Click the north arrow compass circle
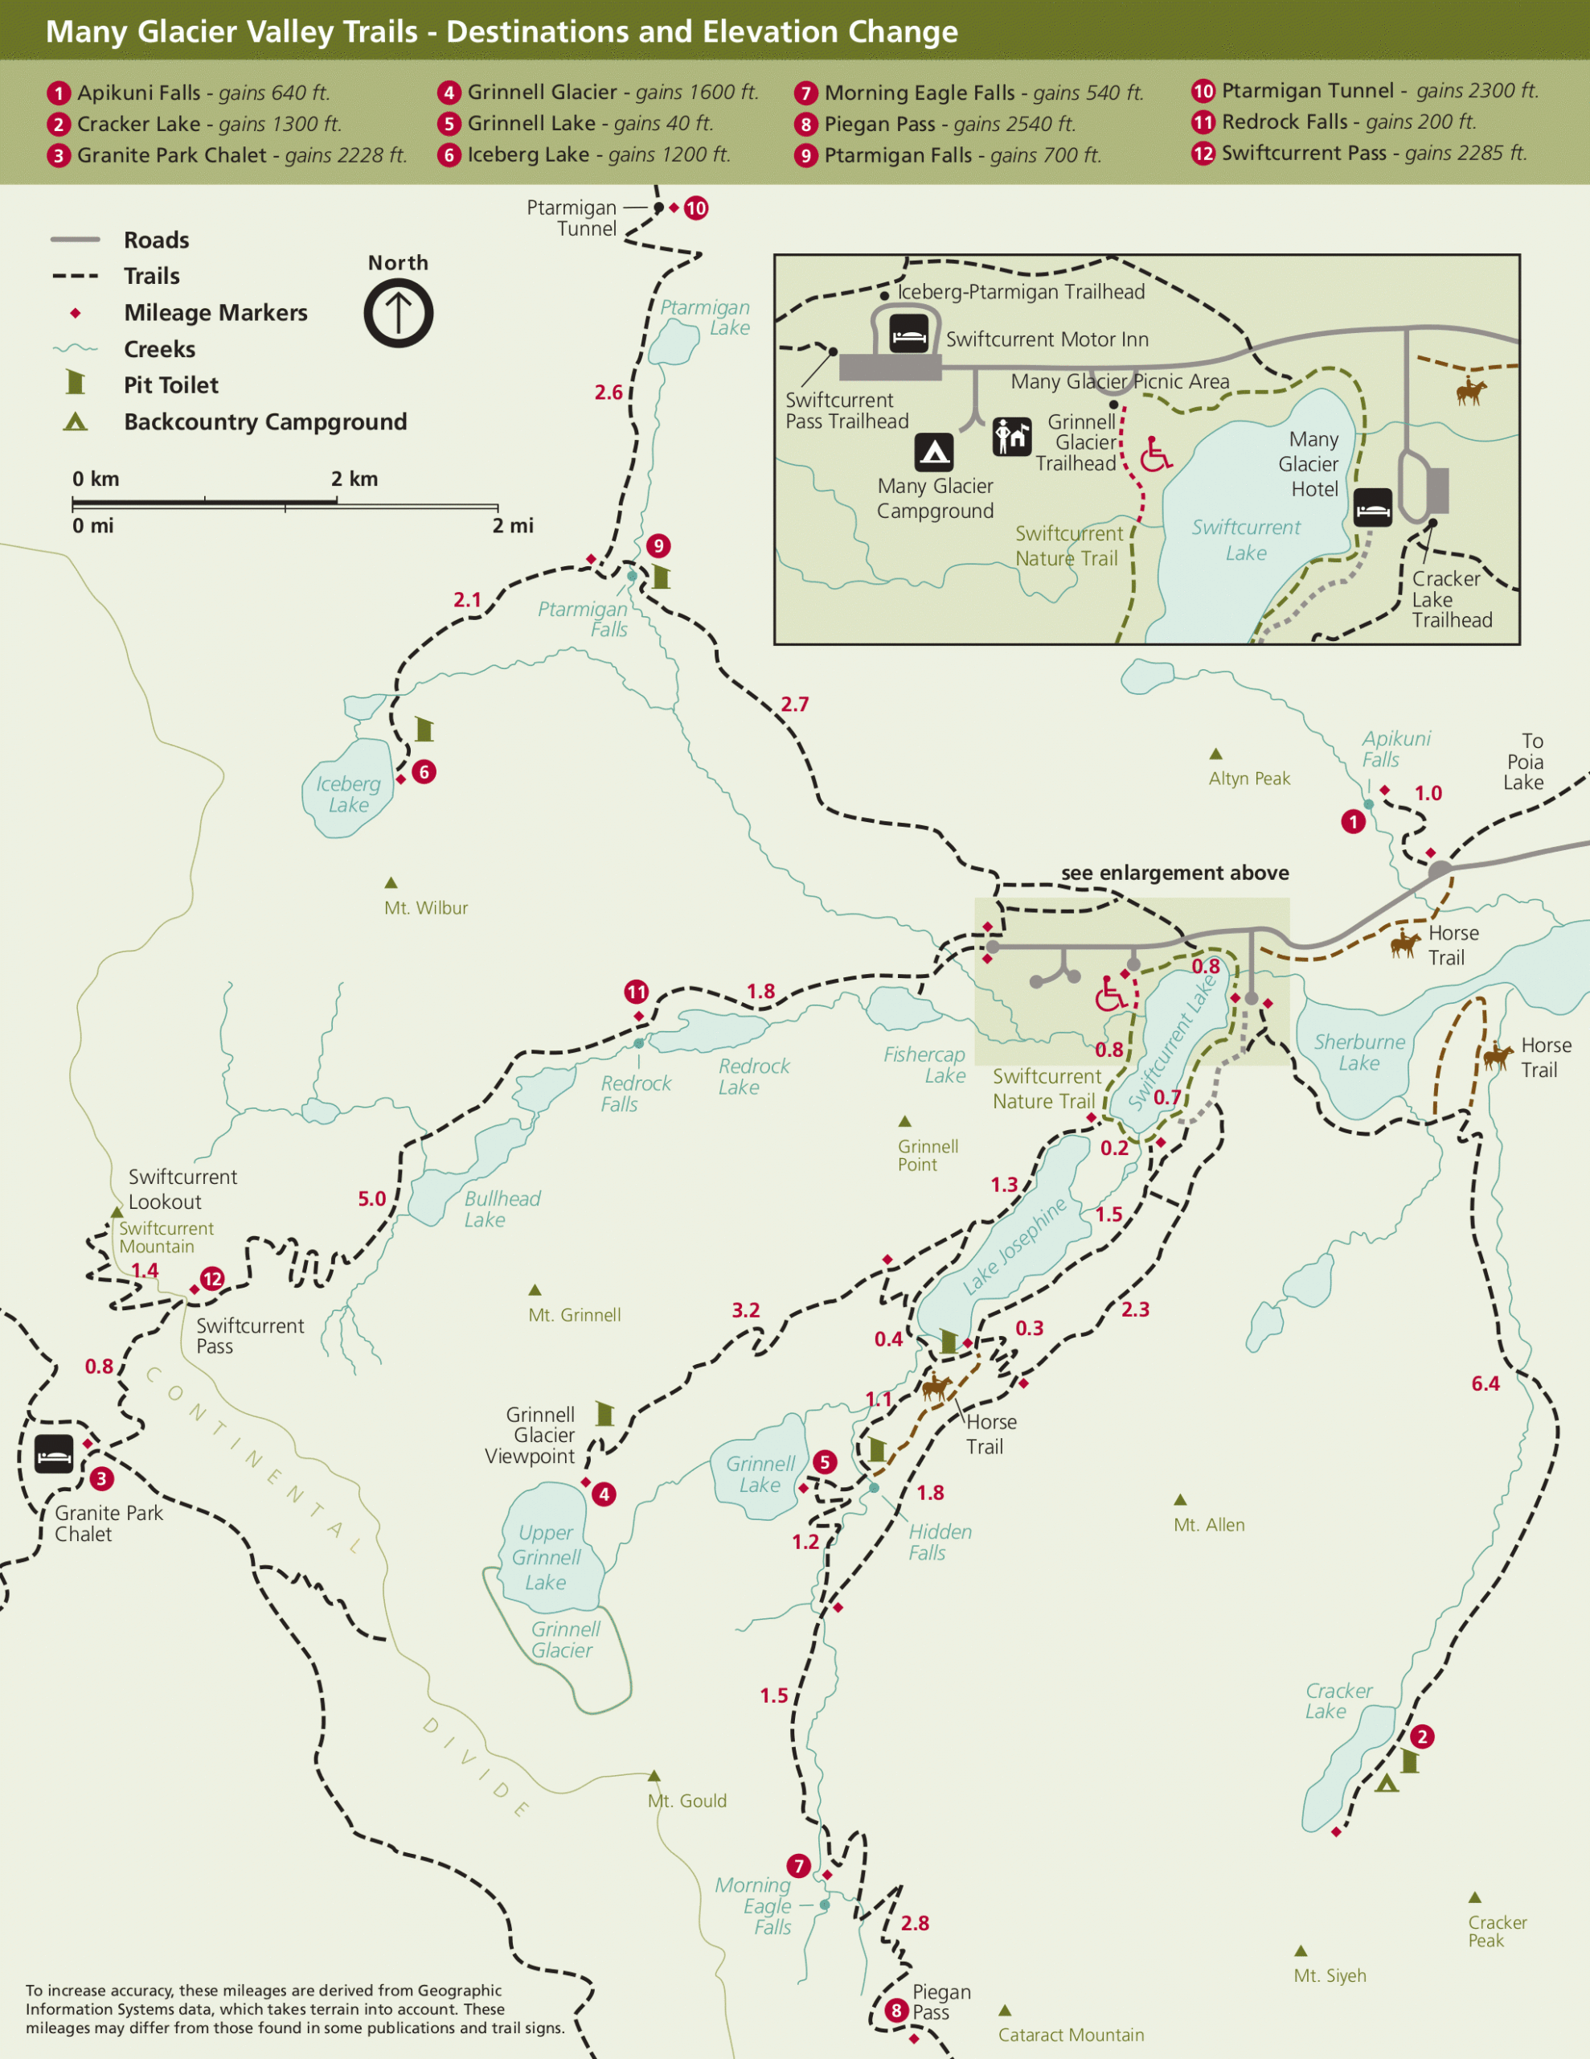pyautogui.click(x=398, y=313)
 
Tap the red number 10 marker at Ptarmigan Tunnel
pyautogui.click(x=695, y=208)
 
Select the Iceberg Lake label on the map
pyautogui.click(x=349, y=794)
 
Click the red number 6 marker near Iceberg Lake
pyautogui.click(x=424, y=772)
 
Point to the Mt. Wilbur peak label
pyautogui.click(x=425, y=908)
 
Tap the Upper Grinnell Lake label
pyautogui.click(x=546, y=1556)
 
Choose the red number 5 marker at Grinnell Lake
pyautogui.click(x=825, y=1461)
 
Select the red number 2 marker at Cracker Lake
pyautogui.click(x=1422, y=1736)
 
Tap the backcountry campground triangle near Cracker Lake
pyautogui.click(x=1386, y=1783)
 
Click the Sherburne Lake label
pyautogui.click(x=1359, y=1052)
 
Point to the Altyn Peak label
pyautogui.click(x=1249, y=778)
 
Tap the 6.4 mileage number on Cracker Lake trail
pyautogui.click(x=1486, y=1383)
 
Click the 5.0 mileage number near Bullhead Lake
pyautogui.click(x=371, y=1198)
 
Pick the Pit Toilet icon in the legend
pyautogui.click(x=76, y=384)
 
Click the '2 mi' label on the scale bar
pyautogui.click(x=513, y=525)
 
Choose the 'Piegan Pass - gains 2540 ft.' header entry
pyautogui.click(x=949, y=124)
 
